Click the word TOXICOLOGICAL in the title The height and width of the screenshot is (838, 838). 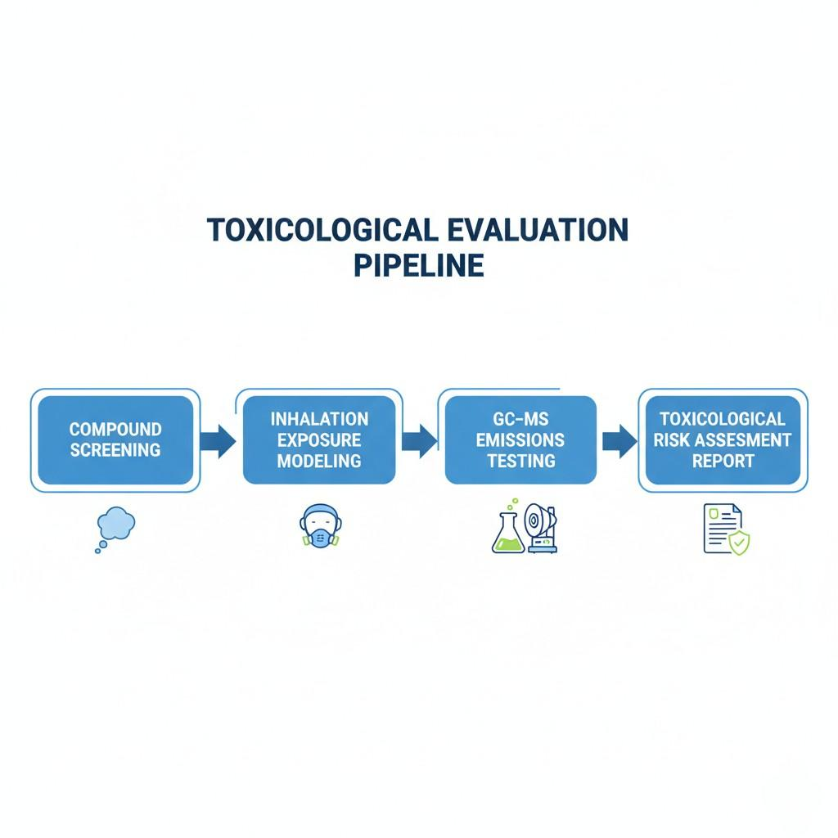tap(322, 230)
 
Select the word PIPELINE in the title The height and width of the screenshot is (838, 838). tap(418, 266)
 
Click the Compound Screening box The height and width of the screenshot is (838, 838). tap(115, 440)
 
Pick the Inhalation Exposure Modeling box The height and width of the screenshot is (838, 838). tap(319, 440)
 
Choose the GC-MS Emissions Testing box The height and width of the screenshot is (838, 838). tap(520, 440)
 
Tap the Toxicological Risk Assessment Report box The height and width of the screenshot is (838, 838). tap(723, 440)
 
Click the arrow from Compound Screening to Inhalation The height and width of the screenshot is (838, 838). tap(217, 441)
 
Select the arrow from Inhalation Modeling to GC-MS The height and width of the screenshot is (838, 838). tap(420, 441)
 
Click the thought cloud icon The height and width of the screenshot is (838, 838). tap(115, 525)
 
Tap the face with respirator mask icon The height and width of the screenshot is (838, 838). tap(318, 526)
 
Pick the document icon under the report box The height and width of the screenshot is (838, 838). tap(722, 528)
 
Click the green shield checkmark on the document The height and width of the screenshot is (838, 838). tap(740, 543)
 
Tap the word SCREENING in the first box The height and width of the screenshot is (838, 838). tap(115, 450)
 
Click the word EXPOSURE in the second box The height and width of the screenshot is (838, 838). tap(319, 440)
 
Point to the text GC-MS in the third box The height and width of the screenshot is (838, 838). tap(520, 419)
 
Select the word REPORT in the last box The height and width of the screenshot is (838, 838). tap(723, 461)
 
